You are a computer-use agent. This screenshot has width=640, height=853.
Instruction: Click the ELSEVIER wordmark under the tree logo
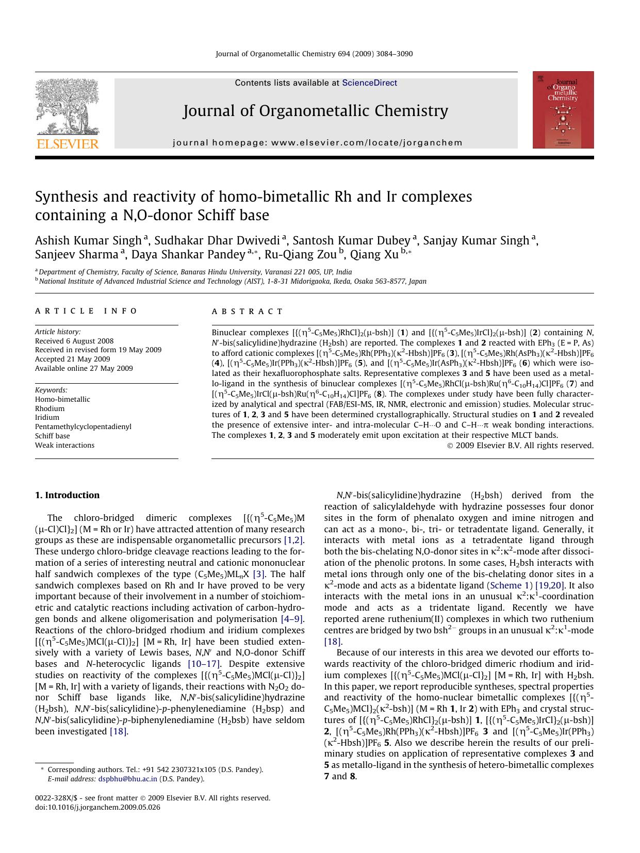(x=67, y=144)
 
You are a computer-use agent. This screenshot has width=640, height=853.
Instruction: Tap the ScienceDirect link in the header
(x=369, y=83)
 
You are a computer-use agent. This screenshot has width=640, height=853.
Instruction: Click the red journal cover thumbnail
(x=563, y=110)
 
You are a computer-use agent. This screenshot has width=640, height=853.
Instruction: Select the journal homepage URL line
(x=317, y=143)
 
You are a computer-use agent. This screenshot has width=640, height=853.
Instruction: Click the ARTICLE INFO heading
(x=86, y=311)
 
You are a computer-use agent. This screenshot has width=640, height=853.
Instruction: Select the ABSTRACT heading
(x=247, y=311)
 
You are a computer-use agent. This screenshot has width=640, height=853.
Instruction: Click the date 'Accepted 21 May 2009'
(x=72, y=359)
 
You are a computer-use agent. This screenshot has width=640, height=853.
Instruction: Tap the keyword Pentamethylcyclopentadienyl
(x=83, y=426)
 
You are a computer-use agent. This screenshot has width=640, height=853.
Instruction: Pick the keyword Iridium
(x=47, y=417)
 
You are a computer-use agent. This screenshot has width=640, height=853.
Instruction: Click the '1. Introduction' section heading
(x=67, y=495)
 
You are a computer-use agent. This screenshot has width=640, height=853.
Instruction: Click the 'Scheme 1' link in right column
(x=510, y=585)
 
